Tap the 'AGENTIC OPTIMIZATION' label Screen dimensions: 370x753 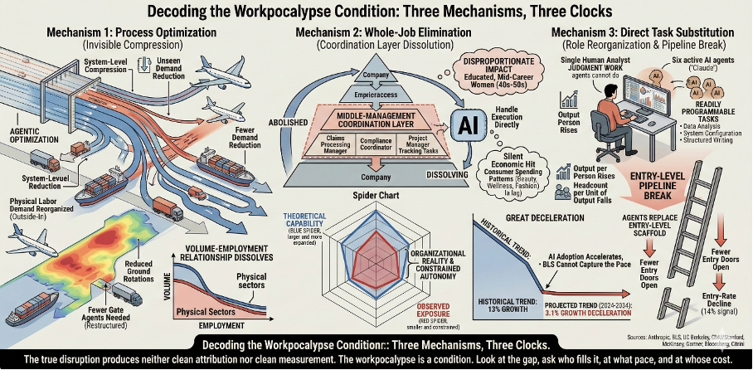pyautogui.click(x=27, y=134)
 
